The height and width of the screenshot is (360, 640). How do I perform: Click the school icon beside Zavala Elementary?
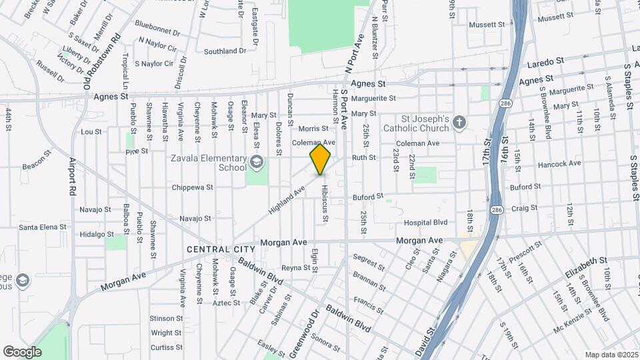point(256,162)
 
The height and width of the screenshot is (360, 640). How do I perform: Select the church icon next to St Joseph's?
point(458,122)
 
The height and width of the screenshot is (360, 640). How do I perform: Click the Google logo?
point(22,351)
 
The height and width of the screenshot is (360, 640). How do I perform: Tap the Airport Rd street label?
point(73,177)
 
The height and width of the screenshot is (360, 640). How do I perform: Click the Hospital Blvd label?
point(425,223)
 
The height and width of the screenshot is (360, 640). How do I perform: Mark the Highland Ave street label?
point(287,199)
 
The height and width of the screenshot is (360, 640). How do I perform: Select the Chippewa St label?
point(192,187)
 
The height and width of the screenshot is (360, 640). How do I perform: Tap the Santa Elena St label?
point(43,227)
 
